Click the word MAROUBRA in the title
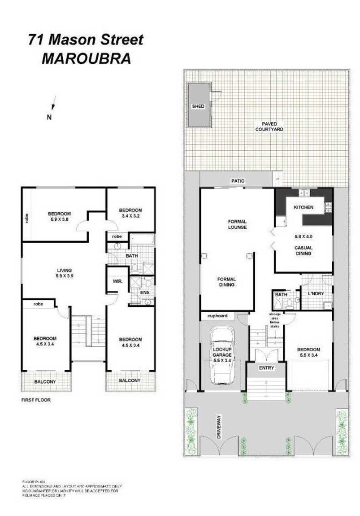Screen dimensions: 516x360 [x=86, y=59]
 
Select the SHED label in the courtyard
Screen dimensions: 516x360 [x=198, y=106]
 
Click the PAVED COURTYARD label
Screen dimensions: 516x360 [x=269, y=127]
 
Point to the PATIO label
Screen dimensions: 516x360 [x=238, y=181]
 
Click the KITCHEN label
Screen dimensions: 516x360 [x=304, y=207]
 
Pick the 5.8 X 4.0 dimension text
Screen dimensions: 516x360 [x=304, y=236]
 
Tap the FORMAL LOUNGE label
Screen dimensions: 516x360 [x=237, y=224]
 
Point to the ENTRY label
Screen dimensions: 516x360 [x=266, y=368]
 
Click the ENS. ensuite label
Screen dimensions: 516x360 [x=145, y=293]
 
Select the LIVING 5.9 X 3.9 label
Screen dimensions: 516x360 [x=65, y=273]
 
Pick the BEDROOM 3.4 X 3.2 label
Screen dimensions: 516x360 [x=130, y=213]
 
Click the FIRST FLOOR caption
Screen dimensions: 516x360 [x=36, y=399]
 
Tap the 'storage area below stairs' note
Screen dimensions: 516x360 [x=274, y=320]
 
